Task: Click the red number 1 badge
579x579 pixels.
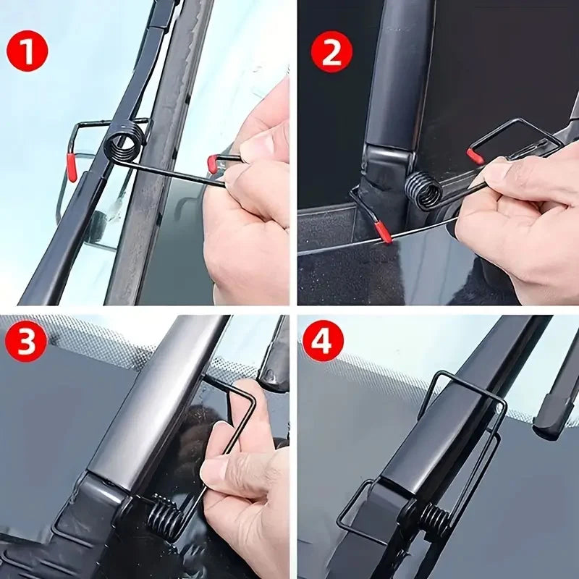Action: coord(28,52)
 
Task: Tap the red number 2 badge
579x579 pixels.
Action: coord(331,52)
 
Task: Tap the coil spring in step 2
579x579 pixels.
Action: coord(424,190)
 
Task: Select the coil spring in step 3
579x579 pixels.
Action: coord(165,515)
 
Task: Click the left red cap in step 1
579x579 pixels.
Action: coord(72,166)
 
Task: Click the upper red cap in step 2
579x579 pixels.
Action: coord(475,156)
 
